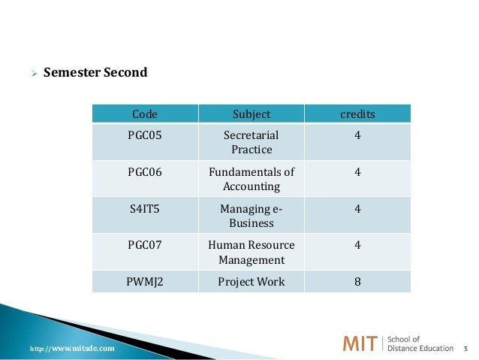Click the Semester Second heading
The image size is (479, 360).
95,73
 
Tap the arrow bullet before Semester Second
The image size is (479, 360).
32,74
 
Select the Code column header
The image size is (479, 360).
145,114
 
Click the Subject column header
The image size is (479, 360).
252,114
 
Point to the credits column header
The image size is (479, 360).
357,114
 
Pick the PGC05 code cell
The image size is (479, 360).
145,135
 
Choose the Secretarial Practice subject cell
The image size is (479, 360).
252,142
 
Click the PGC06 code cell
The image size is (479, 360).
145,171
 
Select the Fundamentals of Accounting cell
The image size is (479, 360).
252,179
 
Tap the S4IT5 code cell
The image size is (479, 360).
145,208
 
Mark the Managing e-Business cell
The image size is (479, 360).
252,216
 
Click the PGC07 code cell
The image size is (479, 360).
145,245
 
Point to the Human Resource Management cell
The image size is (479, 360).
252,253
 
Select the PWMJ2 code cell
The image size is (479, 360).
145,282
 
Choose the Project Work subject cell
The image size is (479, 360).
252,282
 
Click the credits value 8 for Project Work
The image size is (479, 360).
357,282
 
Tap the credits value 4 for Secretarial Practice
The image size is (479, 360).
357,135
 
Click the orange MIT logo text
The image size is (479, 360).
361,344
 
